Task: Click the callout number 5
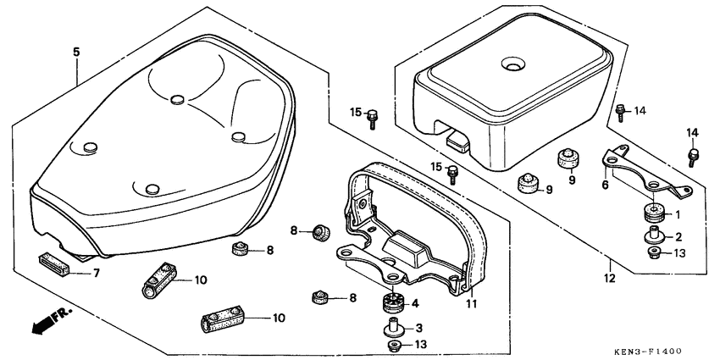76,53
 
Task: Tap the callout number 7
96,273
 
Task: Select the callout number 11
473,303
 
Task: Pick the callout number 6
605,185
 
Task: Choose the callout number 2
677,237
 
